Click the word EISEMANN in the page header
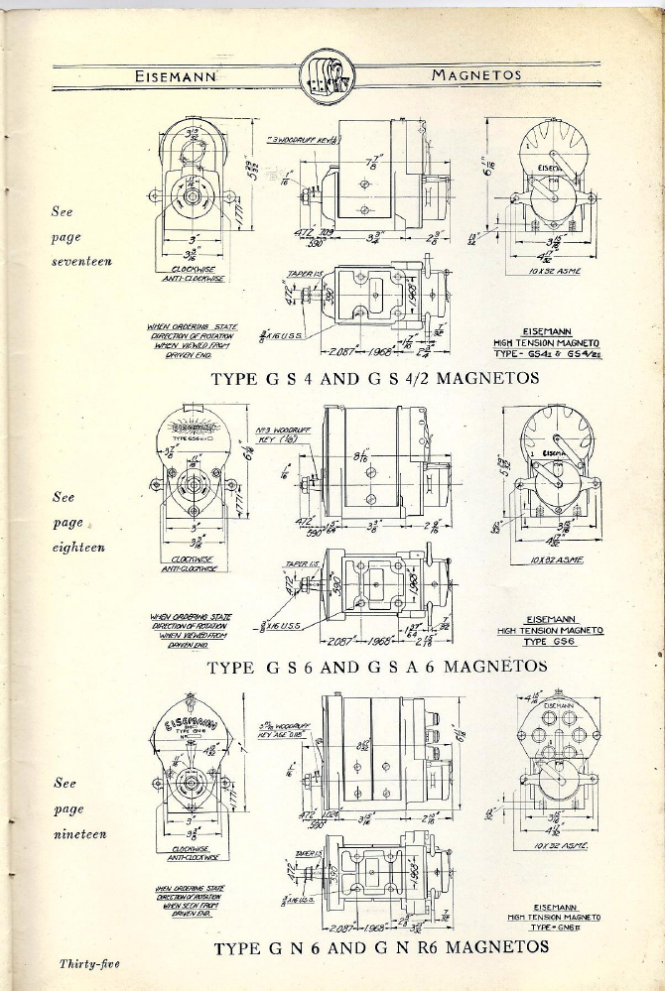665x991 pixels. click(181, 75)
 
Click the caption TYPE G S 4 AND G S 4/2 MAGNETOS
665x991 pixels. click(375, 378)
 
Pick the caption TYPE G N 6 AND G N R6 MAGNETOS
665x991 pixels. click(381, 946)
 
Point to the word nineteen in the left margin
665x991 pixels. click(78, 833)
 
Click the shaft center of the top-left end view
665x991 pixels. click(189, 196)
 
